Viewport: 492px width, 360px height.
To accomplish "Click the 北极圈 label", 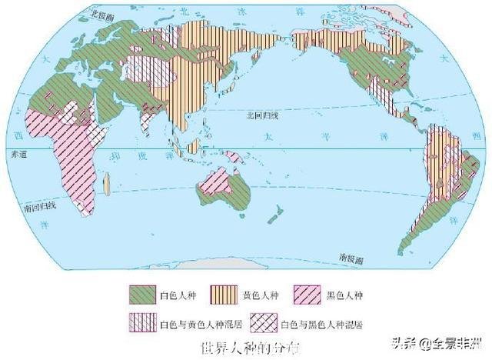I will (x=101, y=15).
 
